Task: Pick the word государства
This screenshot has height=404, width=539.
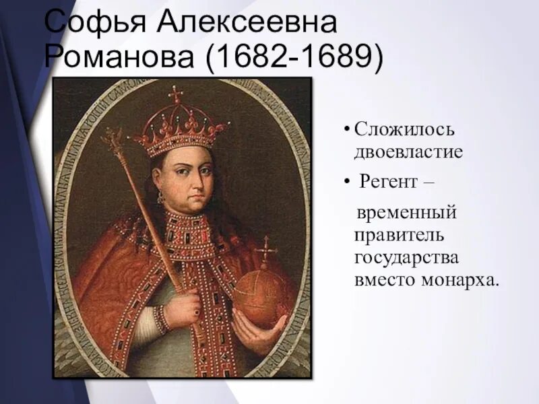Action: click(407, 257)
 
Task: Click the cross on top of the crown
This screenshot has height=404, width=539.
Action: click(176, 94)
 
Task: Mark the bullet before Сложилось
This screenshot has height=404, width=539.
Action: click(346, 129)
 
